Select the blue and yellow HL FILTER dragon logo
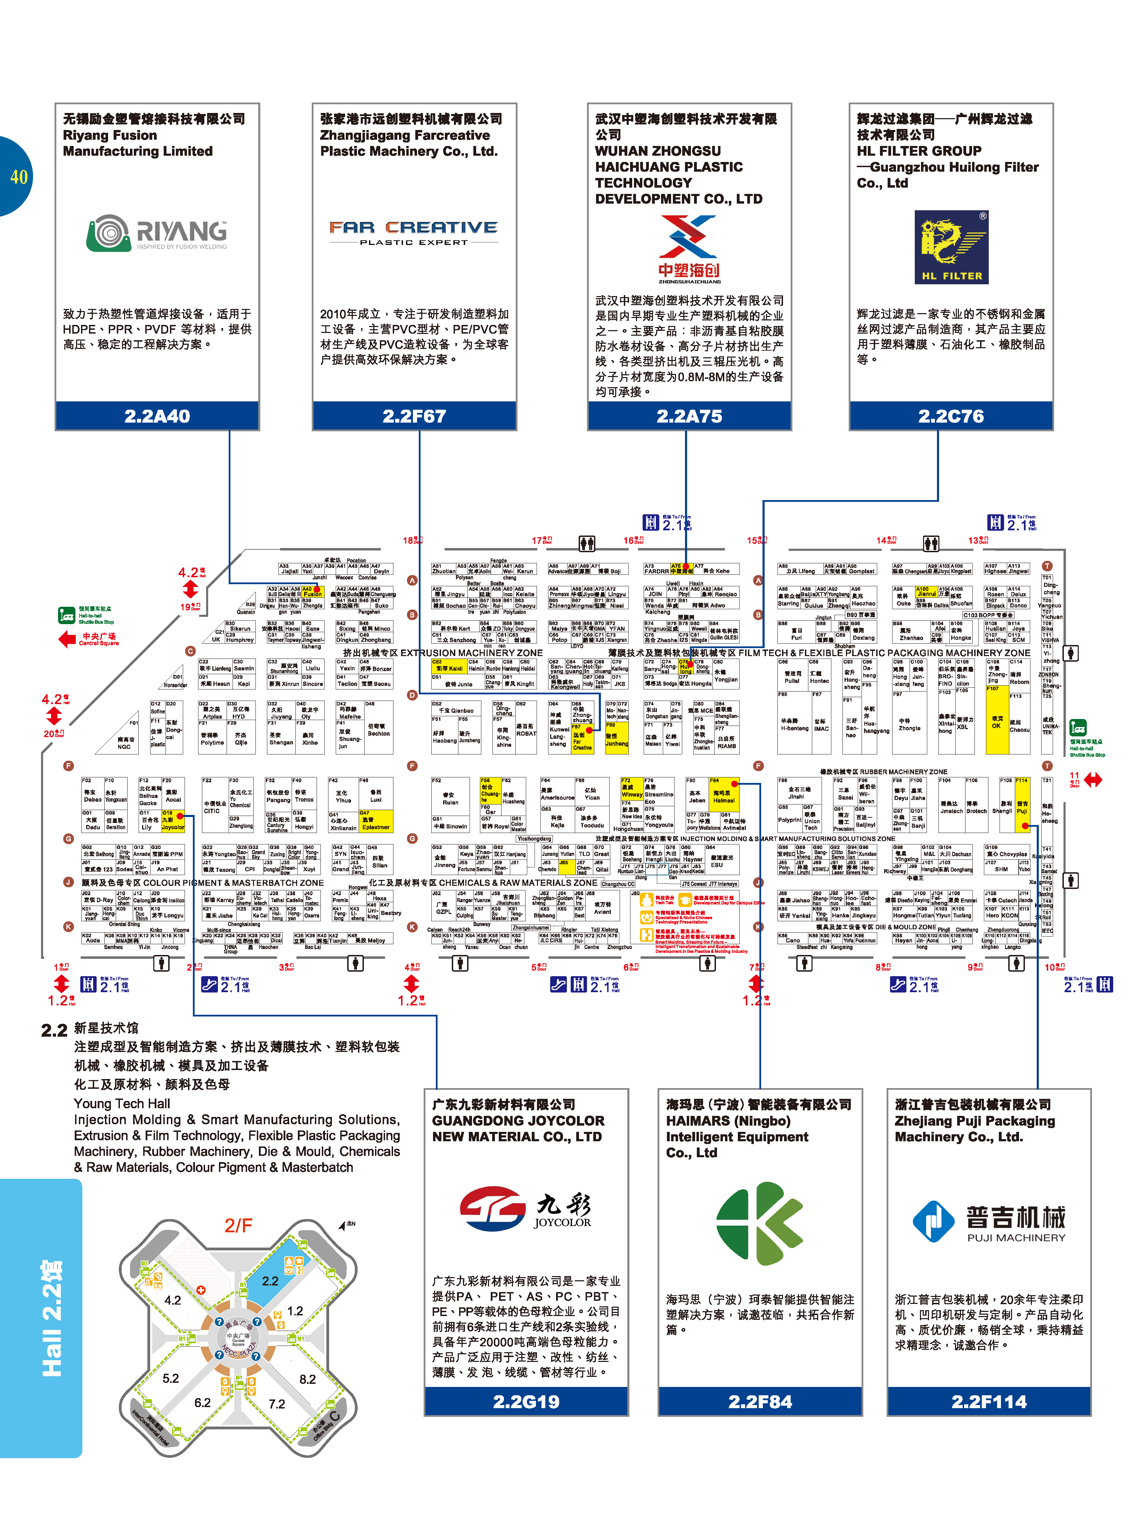point(951,247)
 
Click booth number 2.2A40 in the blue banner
point(157,416)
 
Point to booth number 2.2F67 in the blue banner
point(414,416)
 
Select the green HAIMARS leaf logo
point(759,1223)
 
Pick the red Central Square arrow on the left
point(66,639)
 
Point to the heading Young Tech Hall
point(122,1103)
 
